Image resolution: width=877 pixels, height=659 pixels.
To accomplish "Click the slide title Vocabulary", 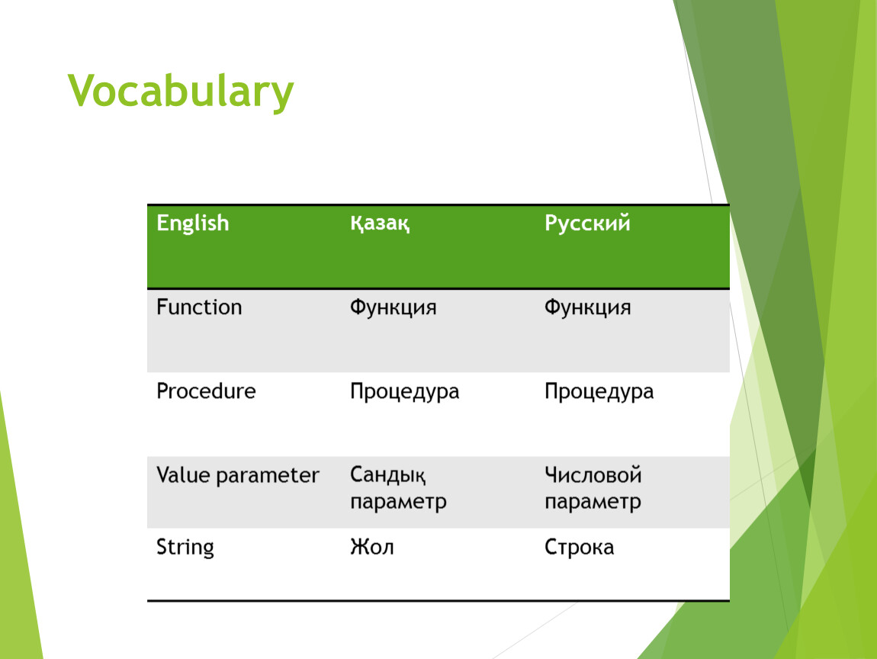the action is click(x=181, y=92).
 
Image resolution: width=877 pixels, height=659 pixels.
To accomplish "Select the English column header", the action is click(x=193, y=223).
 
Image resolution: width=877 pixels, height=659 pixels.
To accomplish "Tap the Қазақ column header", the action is click(x=380, y=223).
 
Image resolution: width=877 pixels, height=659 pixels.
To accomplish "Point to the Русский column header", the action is click(x=587, y=223).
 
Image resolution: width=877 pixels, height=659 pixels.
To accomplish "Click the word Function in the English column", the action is click(x=199, y=307).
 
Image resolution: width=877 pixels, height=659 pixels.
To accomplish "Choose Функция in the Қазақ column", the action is click(x=394, y=307).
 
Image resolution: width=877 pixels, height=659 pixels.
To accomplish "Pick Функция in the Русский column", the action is click(x=587, y=307).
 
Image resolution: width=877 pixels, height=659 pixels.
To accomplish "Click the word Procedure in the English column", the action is click(x=206, y=391).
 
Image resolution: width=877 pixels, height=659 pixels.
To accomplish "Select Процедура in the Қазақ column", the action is click(x=404, y=392).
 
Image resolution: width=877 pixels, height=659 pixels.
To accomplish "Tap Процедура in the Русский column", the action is click(x=599, y=392).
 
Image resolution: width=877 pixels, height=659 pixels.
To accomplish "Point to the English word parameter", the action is click(x=268, y=476).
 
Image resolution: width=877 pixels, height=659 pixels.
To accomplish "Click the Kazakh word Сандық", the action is click(x=387, y=475).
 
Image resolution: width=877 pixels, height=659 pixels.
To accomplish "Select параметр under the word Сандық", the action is click(x=398, y=502).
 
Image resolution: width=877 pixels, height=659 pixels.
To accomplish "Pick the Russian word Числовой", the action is click(x=593, y=475).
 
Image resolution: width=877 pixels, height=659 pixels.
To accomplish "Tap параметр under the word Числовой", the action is click(x=593, y=502).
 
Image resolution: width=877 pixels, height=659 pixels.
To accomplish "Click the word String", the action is click(x=185, y=547).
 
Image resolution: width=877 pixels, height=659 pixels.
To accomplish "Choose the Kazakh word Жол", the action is click(x=372, y=547).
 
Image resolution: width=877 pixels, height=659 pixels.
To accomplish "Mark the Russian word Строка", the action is click(x=579, y=547).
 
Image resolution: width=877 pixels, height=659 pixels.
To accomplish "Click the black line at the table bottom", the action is click(x=438, y=601).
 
